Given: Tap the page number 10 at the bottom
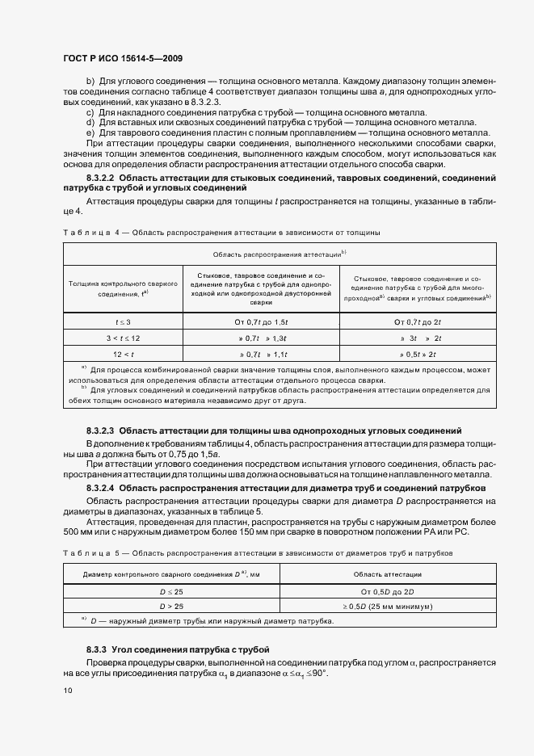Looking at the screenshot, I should [67, 690].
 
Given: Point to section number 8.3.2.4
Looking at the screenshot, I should [102, 489].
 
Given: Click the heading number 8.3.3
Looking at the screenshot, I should [97, 650].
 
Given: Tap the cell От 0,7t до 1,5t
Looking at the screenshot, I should [261, 321].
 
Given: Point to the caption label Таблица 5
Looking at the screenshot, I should [88, 552].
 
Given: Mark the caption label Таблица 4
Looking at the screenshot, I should [88, 232].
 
